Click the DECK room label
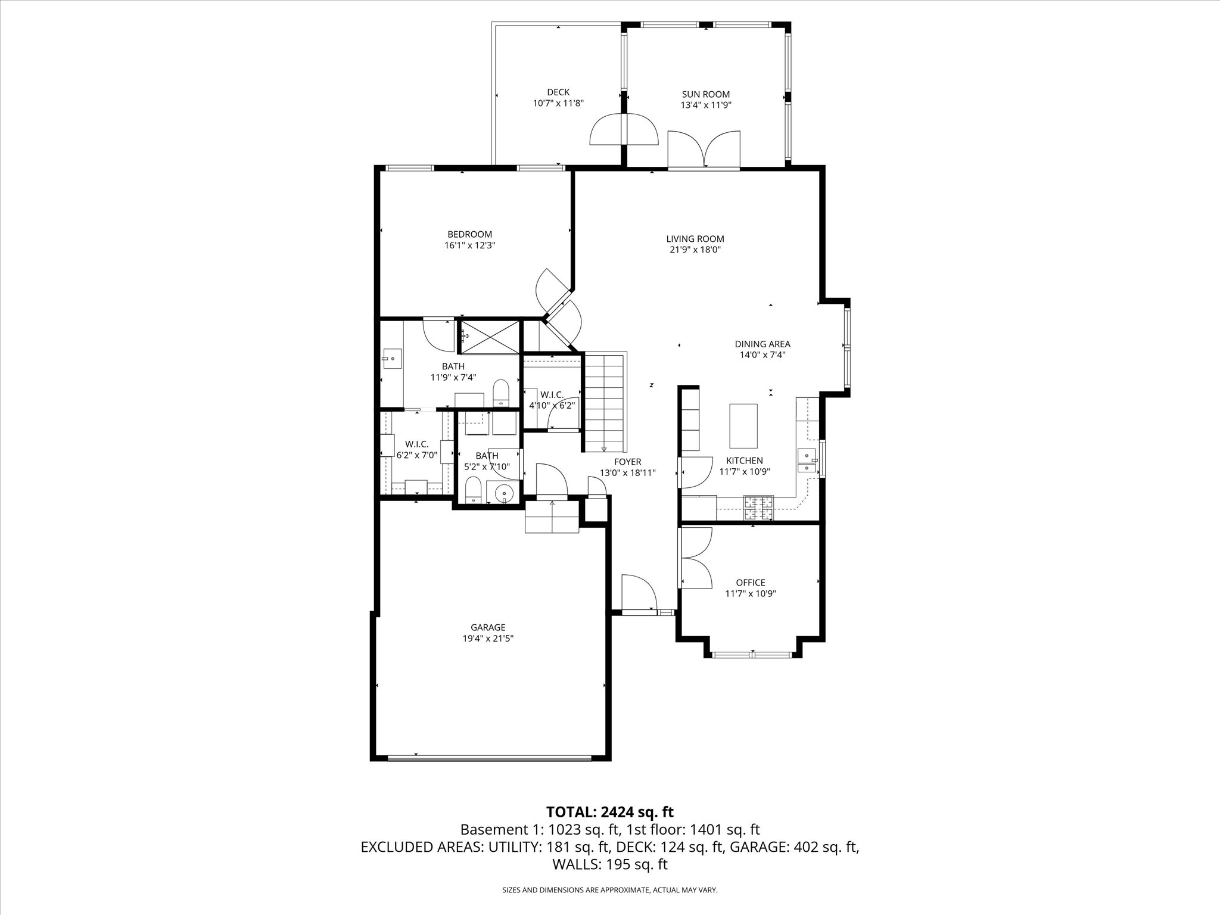[x=558, y=92]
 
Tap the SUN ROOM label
[x=706, y=94]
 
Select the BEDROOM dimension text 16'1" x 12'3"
[x=470, y=245]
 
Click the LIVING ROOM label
[x=695, y=239]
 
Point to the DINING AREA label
[x=762, y=344]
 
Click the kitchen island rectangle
[x=744, y=425]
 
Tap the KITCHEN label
[x=744, y=460]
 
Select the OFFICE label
[x=751, y=583]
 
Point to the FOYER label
[x=628, y=462]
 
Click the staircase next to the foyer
[x=604, y=403]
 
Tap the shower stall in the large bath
[x=488, y=337]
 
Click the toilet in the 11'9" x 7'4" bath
[x=501, y=393]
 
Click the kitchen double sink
[x=807, y=462]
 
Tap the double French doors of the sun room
[x=704, y=150]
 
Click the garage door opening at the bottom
[x=488, y=758]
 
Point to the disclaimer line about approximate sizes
[x=610, y=890]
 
